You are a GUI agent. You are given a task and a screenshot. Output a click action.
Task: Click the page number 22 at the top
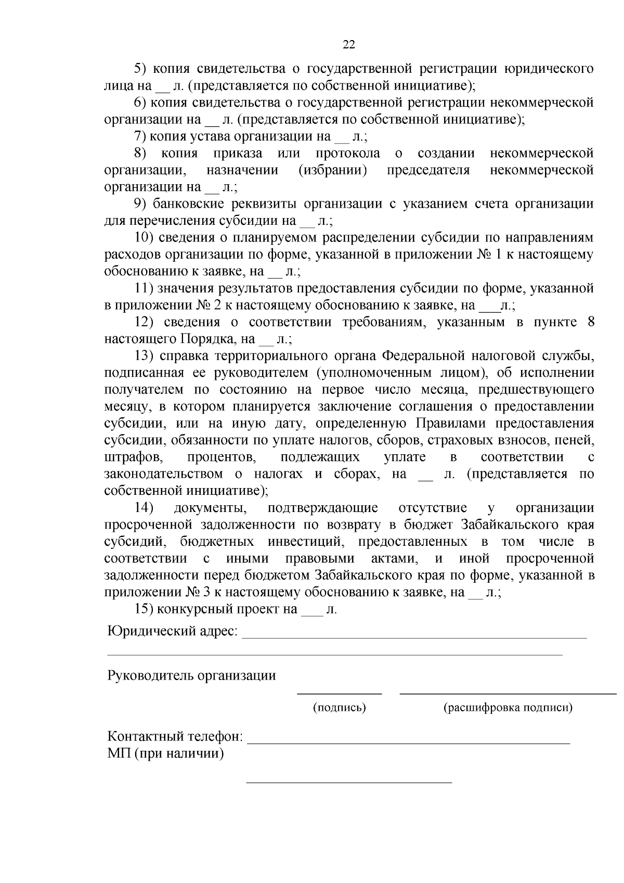[349, 45]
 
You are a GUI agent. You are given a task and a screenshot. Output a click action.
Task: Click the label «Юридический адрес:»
[172, 632]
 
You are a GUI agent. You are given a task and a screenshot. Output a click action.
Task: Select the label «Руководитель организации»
[191, 676]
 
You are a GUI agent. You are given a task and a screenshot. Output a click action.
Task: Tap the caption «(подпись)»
[339, 708]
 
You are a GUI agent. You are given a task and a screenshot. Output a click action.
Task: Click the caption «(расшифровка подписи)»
[508, 708]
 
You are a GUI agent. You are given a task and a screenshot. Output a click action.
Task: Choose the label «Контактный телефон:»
[175, 737]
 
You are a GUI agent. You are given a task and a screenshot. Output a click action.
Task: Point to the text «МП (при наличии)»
[166, 753]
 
